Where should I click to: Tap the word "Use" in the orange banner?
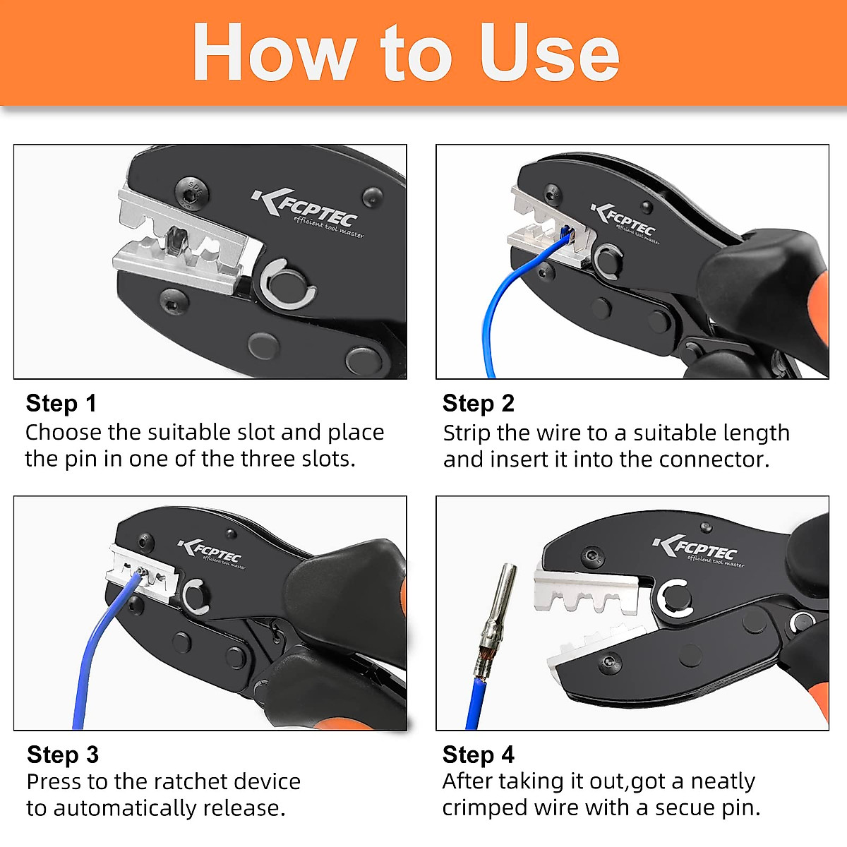(549, 53)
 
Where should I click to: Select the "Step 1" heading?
(61, 403)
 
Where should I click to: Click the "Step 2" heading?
(478, 403)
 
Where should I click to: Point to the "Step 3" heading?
(62, 755)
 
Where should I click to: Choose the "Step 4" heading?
(478, 755)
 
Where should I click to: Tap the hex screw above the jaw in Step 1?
(188, 189)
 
